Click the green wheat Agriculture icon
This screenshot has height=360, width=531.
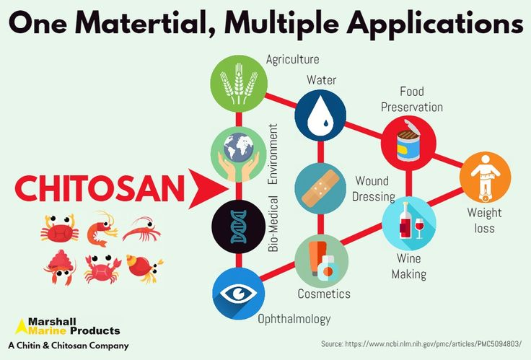pos(238,85)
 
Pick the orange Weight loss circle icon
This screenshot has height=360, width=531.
pos(485,177)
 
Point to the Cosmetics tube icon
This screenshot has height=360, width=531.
pos(321,260)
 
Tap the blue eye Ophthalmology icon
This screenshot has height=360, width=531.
pos(238,294)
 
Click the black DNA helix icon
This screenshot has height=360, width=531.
pos(237,225)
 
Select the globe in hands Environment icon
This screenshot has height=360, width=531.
pos(237,154)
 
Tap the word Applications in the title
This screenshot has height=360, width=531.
pos(435,23)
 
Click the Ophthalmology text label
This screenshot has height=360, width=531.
pos(294,318)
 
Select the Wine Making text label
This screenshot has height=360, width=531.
pos(408,265)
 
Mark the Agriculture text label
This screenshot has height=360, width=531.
pos(292,59)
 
